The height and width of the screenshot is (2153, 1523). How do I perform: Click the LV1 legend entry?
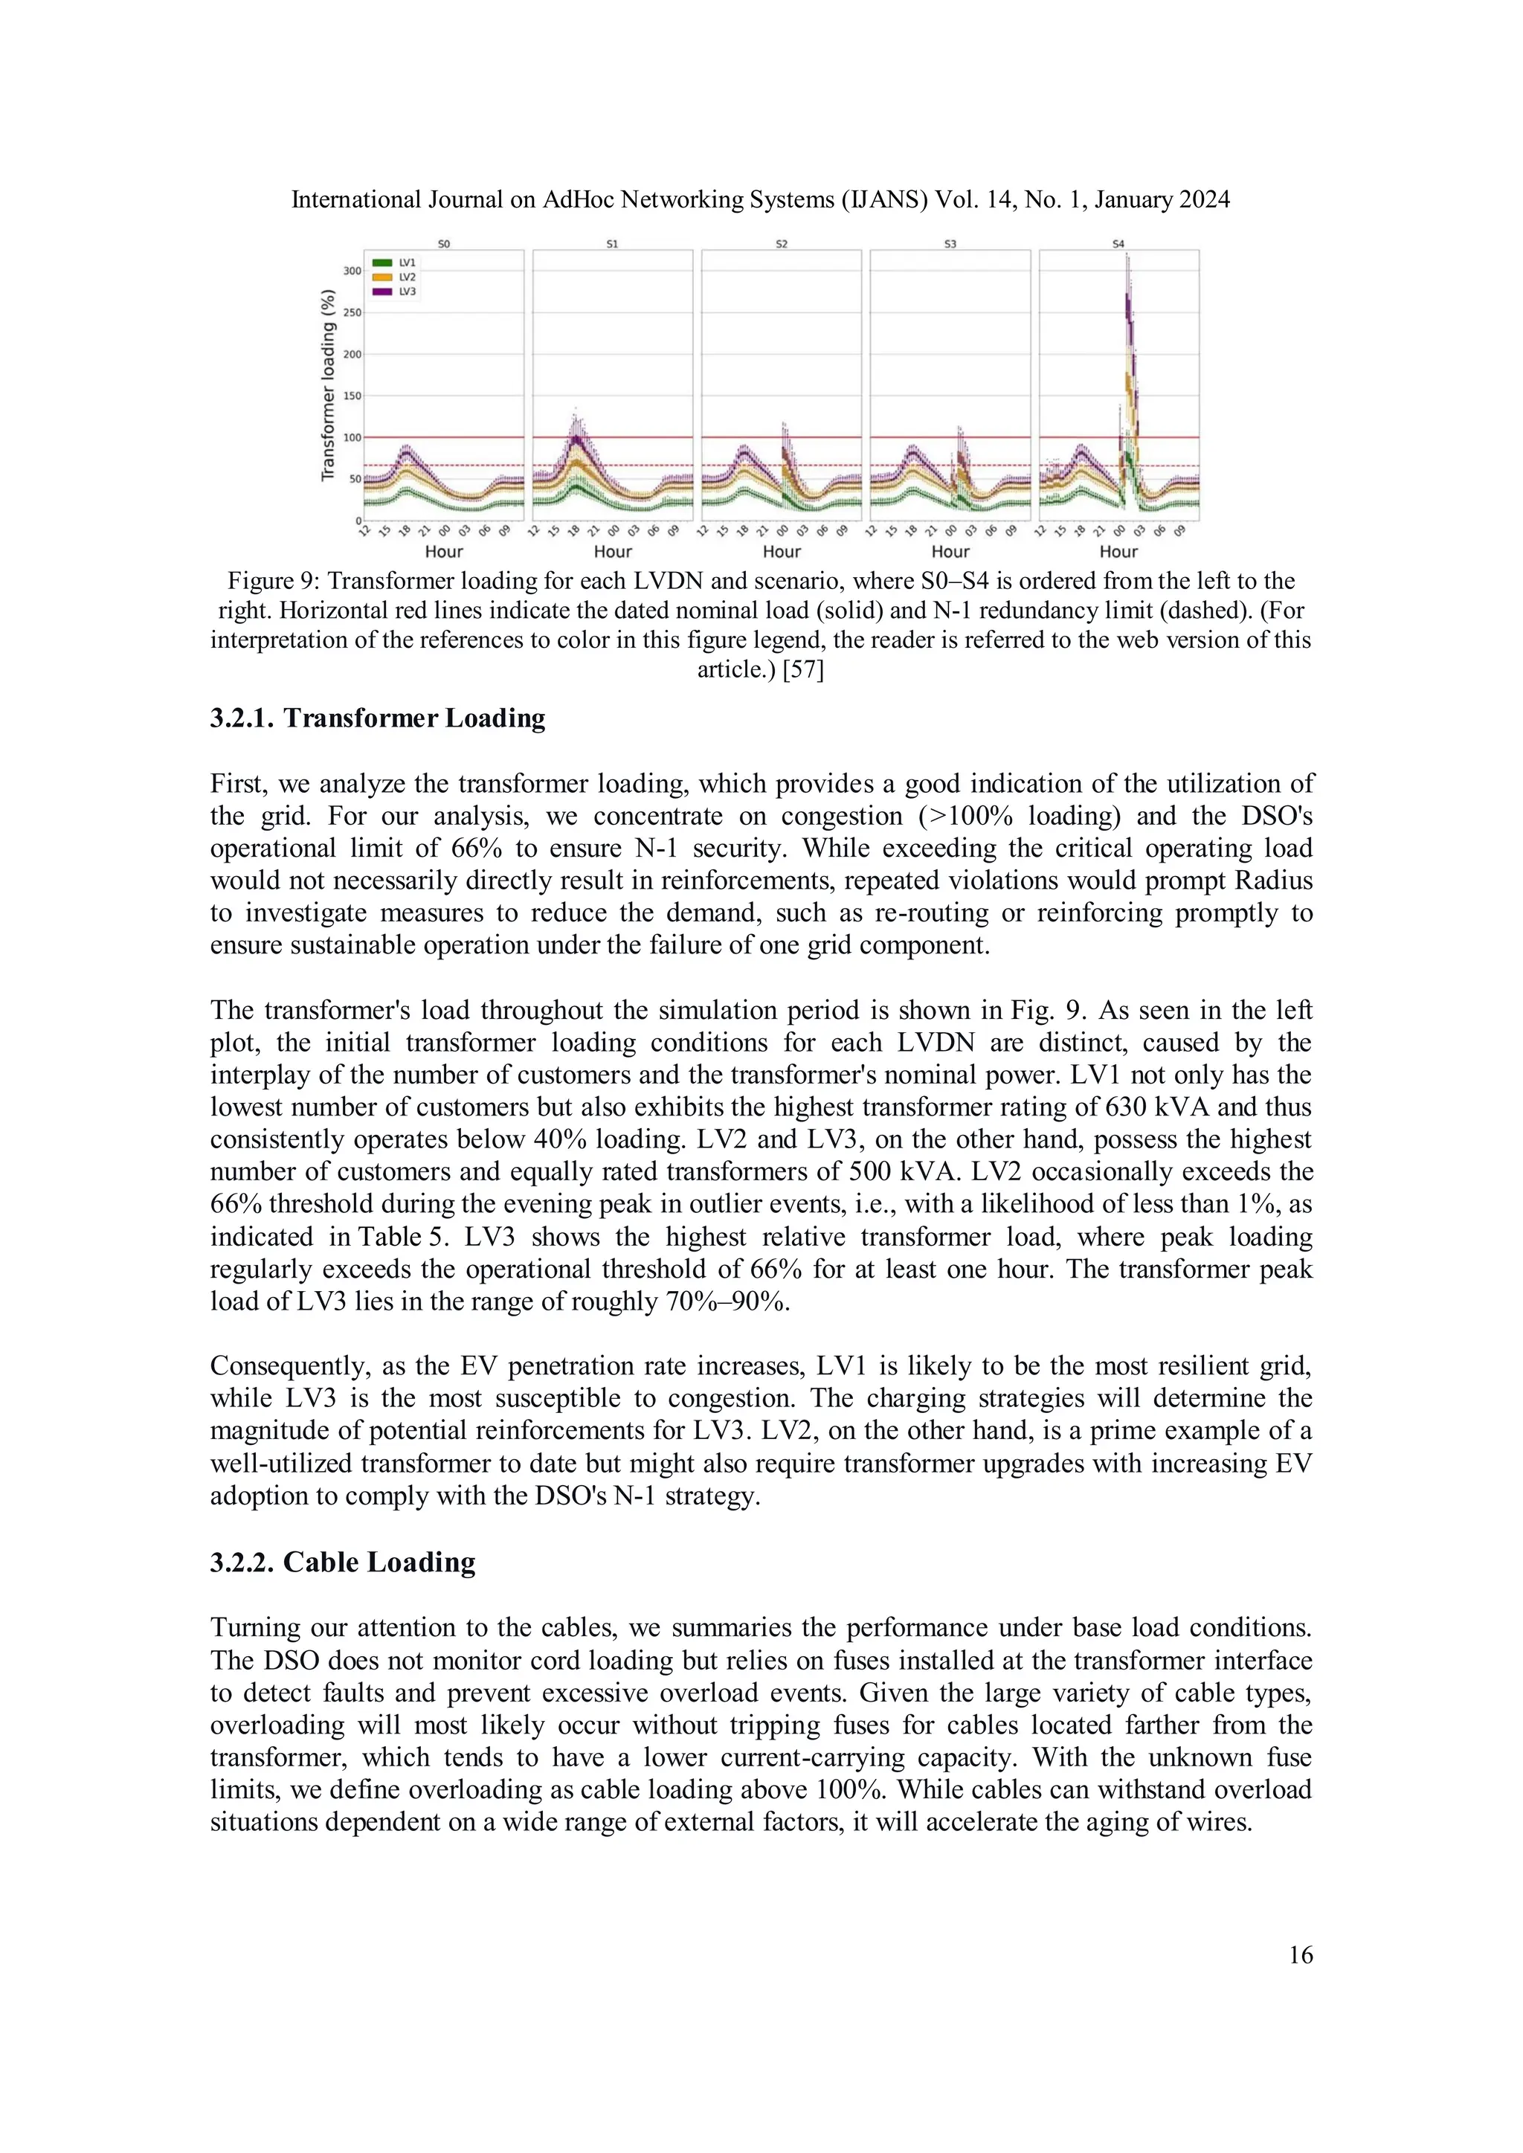406,263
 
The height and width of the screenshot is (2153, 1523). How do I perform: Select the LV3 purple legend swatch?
381,292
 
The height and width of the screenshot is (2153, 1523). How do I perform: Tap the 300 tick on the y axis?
352,271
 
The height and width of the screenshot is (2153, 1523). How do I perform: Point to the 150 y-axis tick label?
352,396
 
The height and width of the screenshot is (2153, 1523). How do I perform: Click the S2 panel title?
781,244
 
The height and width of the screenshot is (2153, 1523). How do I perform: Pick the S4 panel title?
1118,244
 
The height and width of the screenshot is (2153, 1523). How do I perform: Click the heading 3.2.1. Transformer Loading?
377,718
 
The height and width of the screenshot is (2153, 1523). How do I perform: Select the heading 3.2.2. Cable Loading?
342,1563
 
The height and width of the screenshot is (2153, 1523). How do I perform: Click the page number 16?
1300,1955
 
